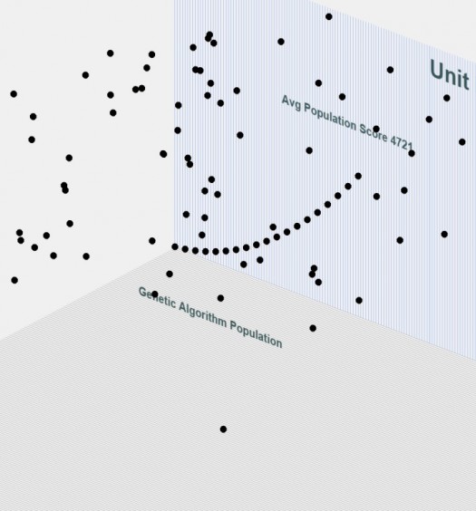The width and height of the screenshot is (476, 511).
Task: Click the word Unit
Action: [x=450, y=74]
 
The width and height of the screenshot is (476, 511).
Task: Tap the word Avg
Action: [x=291, y=103]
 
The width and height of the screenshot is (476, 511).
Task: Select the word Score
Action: [x=374, y=132]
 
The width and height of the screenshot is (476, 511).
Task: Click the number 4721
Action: [x=402, y=143]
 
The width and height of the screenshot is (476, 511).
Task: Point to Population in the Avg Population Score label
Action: [x=330, y=117]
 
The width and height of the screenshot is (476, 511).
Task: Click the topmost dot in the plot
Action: [x=328, y=16]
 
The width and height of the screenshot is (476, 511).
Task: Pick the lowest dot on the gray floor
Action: [x=223, y=429]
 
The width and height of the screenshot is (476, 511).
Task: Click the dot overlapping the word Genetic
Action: [x=155, y=294]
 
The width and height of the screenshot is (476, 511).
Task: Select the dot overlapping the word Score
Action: [x=376, y=129]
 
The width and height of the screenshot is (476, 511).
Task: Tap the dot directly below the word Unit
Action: [x=447, y=98]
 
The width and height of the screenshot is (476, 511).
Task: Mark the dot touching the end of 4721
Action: [x=412, y=153]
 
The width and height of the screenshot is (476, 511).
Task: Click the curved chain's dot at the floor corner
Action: [x=175, y=246]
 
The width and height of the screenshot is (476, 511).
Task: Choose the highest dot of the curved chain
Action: [x=358, y=176]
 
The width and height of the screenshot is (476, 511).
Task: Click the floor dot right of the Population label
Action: [x=313, y=328]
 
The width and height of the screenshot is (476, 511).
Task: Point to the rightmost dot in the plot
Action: [x=462, y=141]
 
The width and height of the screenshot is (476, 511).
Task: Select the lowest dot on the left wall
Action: [x=15, y=280]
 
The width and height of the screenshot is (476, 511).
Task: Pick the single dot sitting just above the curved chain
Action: [x=273, y=227]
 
